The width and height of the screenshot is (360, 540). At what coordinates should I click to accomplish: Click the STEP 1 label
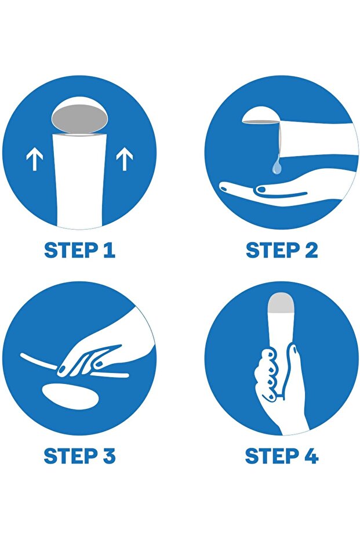pos(79,251)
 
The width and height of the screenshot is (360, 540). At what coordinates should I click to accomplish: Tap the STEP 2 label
pos(282,251)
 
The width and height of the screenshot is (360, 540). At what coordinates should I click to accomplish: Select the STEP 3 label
pos(79,455)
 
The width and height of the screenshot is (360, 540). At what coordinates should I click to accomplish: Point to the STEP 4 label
pos(282,455)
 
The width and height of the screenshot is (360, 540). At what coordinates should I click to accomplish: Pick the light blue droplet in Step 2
pos(277,166)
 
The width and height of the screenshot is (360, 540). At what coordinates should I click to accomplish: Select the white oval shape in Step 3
pos(71,396)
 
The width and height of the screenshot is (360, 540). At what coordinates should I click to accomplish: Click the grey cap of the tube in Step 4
pos(281,303)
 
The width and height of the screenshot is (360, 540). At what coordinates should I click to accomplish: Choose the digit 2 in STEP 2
pos(311,251)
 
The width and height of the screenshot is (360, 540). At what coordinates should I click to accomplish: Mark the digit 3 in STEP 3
pos(108,455)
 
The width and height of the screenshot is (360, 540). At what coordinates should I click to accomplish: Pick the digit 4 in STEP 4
pos(311,455)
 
